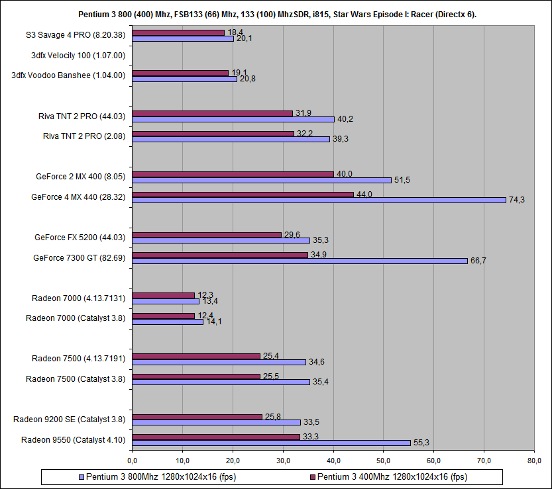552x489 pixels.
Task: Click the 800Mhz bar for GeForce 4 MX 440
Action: [x=318, y=200]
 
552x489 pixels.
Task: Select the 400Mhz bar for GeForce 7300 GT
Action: [x=219, y=255]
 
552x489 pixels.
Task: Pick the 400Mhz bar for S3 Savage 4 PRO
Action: [x=178, y=32]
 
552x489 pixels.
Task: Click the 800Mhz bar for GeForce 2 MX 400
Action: [x=261, y=180]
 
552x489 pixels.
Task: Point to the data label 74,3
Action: [x=516, y=200]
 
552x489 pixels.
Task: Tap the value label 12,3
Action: [x=205, y=295]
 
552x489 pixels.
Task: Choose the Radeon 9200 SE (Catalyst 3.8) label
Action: [x=70, y=419]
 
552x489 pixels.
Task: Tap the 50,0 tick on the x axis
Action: [x=384, y=460]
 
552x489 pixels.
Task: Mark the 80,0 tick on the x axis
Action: [x=535, y=460]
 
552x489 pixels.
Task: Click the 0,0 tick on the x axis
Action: [x=132, y=460]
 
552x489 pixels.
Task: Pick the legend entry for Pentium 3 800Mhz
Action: [x=158, y=477]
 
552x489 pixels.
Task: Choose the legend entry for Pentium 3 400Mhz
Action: [x=390, y=477]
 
